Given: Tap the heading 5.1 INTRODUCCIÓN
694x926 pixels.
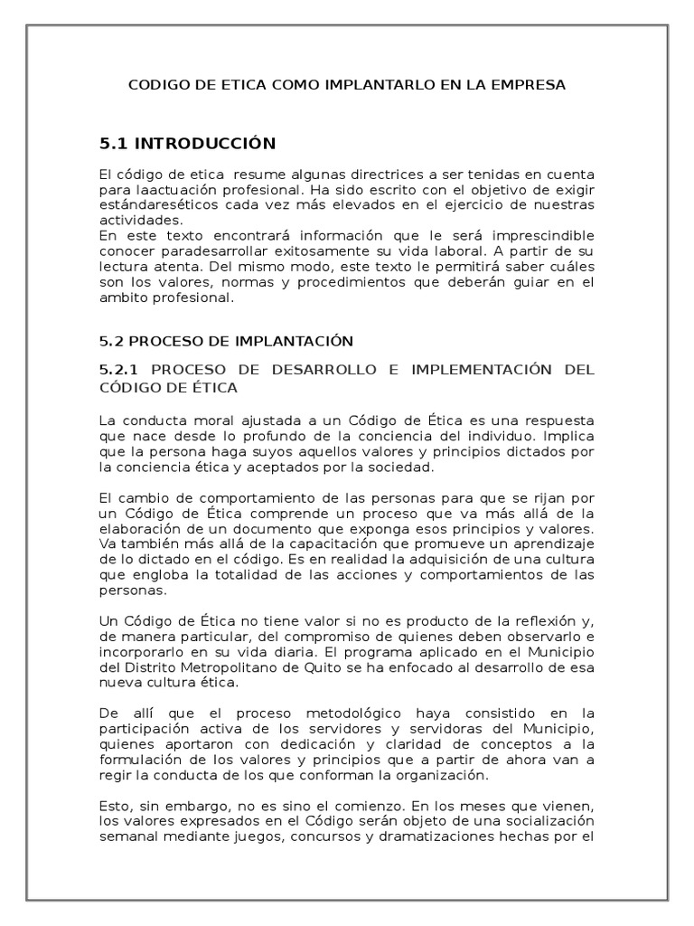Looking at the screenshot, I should [187, 143].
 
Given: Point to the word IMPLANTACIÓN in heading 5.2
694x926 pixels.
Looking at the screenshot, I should [293, 341].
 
